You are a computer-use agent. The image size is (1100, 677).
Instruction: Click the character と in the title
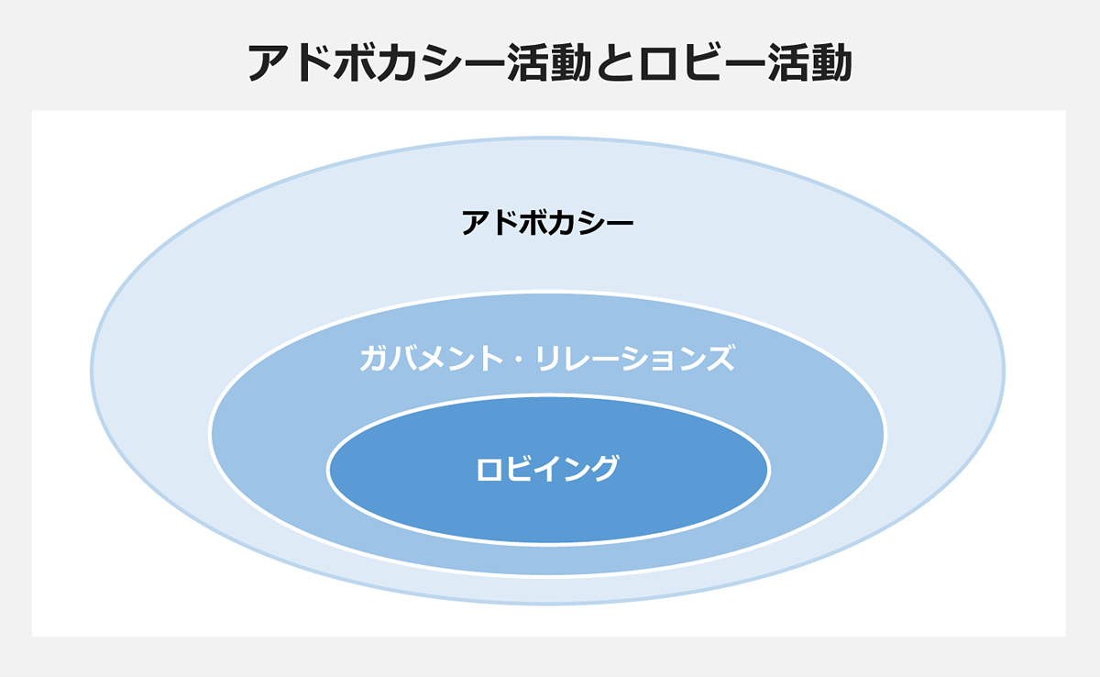(x=615, y=62)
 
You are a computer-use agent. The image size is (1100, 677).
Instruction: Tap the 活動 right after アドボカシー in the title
(x=548, y=62)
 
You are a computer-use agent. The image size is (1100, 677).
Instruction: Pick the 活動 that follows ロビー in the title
(x=809, y=62)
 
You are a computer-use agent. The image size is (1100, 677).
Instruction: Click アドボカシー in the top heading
(x=376, y=62)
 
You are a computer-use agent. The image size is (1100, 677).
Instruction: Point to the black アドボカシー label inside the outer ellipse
(x=547, y=223)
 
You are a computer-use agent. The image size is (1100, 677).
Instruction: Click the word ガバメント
(x=431, y=358)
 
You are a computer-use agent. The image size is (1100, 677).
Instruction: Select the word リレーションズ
(x=635, y=358)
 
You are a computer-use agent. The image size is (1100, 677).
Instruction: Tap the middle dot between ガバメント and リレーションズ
(x=519, y=358)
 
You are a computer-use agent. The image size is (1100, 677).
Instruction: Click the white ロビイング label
(x=547, y=468)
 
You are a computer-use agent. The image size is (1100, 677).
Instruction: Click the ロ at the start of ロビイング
(x=489, y=468)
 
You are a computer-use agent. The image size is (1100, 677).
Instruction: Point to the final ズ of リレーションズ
(x=720, y=358)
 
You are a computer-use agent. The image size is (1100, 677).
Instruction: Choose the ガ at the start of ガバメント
(x=374, y=358)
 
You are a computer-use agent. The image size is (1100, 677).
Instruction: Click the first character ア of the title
(x=269, y=63)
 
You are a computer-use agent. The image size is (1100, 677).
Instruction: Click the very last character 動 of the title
(x=830, y=62)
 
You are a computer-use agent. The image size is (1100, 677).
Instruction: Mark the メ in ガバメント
(x=431, y=358)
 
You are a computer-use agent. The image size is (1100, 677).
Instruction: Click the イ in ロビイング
(x=546, y=468)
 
